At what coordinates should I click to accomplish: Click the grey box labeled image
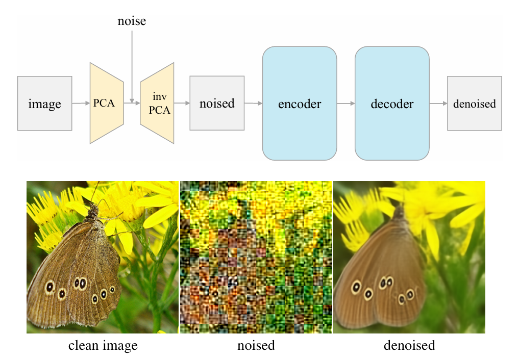click(44, 104)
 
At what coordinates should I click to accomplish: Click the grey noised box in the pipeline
click(217, 104)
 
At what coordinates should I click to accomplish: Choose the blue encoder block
click(300, 104)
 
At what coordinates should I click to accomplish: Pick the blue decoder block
click(392, 104)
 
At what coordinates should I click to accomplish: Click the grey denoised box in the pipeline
click(475, 104)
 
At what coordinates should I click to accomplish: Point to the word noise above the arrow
click(132, 21)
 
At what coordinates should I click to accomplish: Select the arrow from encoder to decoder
click(346, 104)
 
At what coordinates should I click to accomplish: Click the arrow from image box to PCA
click(81, 104)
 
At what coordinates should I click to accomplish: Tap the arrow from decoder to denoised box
click(438, 104)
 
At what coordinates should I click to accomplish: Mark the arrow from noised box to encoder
click(253, 104)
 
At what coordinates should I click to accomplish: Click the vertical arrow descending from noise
click(132, 66)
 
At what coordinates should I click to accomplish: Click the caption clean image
click(103, 346)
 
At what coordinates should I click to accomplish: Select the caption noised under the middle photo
click(256, 346)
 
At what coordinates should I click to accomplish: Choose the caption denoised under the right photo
click(409, 346)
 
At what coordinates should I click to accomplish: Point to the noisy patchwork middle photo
click(256, 258)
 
